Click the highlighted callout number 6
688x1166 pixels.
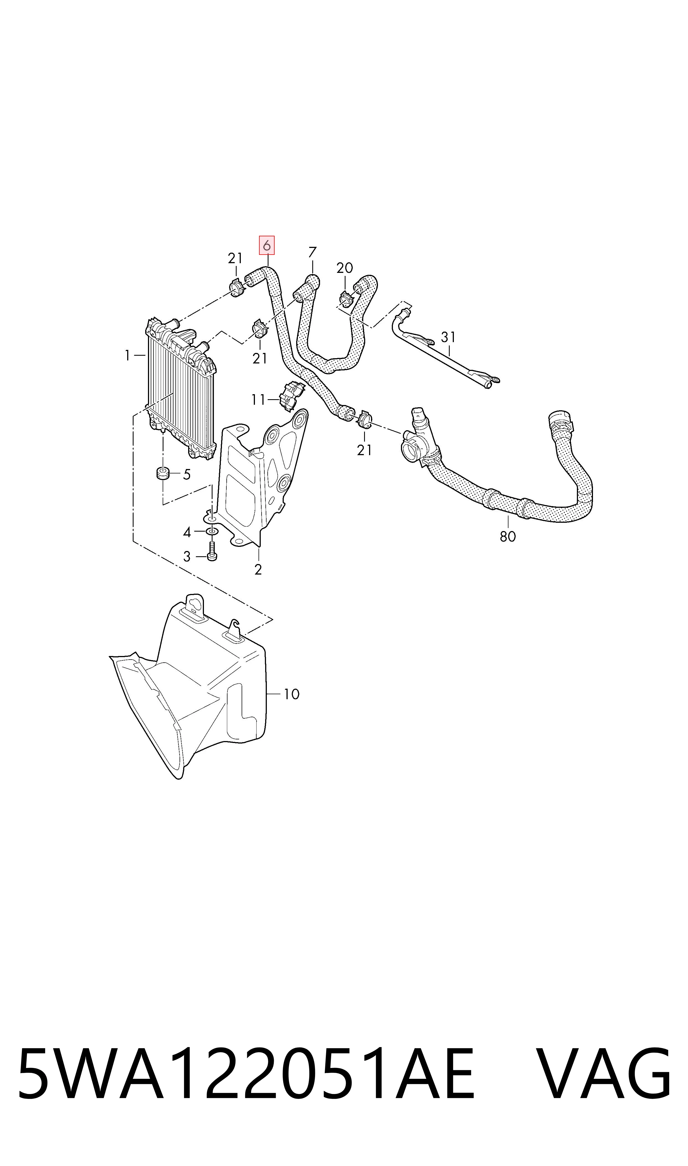click(267, 246)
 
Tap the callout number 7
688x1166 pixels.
click(313, 253)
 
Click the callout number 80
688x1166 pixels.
click(508, 536)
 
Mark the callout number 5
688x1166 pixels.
click(186, 474)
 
